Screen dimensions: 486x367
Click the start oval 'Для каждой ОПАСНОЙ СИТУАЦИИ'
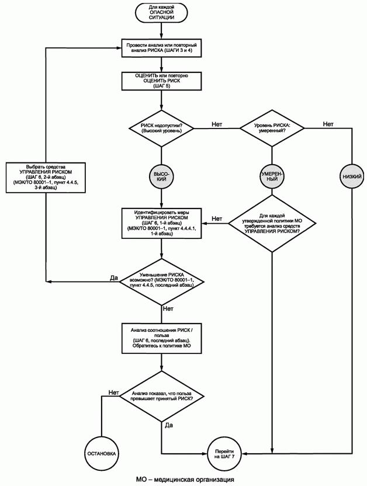click(x=161, y=13)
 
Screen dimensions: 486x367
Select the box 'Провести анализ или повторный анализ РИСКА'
click(x=161, y=47)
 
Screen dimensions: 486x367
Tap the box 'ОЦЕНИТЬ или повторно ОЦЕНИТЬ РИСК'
click(x=161, y=81)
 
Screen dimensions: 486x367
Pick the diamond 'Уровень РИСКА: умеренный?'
click(x=272, y=127)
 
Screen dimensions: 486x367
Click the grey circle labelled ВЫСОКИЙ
click(x=161, y=176)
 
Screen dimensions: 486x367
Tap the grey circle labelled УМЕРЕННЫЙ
click(x=272, y=176)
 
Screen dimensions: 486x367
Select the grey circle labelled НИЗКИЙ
click(x=352, y=176)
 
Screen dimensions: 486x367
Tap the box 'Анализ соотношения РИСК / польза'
click(x=161, y=338)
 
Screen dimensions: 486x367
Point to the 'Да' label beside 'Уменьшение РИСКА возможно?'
click(x=114, y=277)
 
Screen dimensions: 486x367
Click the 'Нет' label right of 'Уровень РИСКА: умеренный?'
click(x=328, y=124)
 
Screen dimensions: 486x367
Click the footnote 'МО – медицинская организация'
click(x=185, y=479)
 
